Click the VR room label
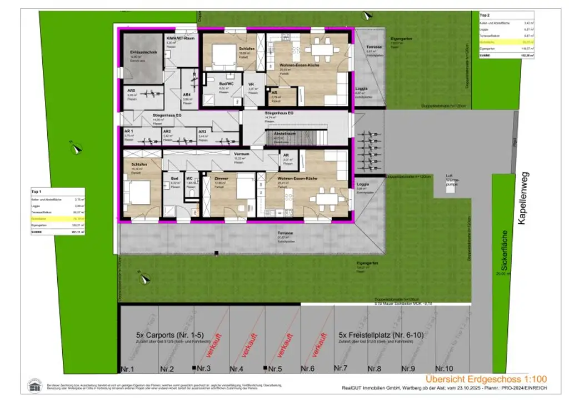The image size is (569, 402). (x=251, y=83)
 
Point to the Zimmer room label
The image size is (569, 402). (x=221, y=179)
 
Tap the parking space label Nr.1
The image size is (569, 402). (x=128, y=369)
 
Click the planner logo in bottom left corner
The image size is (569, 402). (x=34, y=385)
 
